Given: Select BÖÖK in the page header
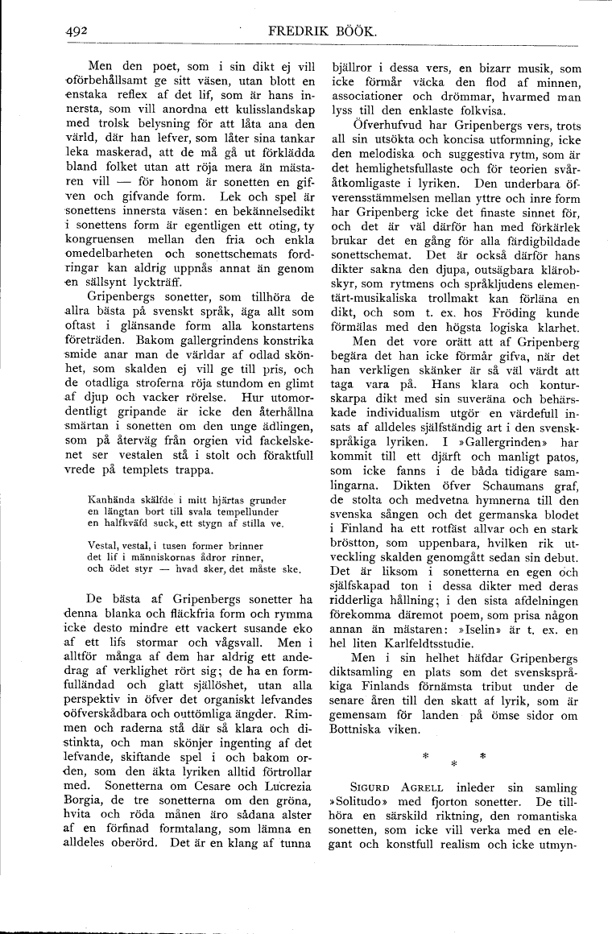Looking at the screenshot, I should click(x=370, y=32).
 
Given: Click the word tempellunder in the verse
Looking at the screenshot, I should click(x=242, y=510).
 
